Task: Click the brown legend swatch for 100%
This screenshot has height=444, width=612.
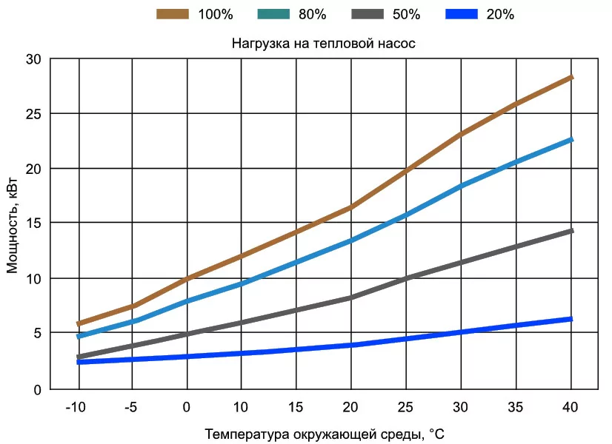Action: pos(173,13)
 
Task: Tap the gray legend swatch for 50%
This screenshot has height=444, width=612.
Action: pos(367,13)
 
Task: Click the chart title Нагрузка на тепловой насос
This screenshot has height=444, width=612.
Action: pos(324,44)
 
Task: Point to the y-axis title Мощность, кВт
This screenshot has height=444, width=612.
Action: pos(13,223)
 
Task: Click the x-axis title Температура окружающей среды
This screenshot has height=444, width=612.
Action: pos(325,433)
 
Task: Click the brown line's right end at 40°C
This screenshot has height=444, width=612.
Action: pos(571,77)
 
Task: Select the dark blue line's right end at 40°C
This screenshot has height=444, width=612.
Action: pos(571,319)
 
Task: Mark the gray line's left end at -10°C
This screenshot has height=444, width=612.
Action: pos(79,357)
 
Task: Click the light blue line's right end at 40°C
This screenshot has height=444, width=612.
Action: pos(571,139)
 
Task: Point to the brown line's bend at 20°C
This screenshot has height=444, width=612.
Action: pos(350,208)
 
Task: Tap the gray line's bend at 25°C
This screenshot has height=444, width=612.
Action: pos(405,278)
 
